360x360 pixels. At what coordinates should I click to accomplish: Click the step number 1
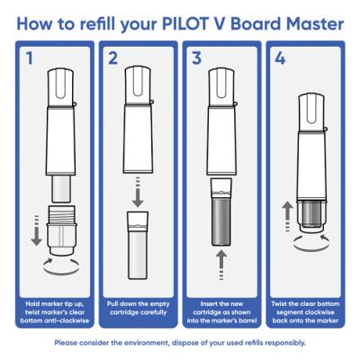pyautogui.click(x=29, y=58)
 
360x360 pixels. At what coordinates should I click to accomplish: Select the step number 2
pyautogui.click(x=112, y=58)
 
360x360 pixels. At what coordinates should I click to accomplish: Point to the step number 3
pyautogui.click(x=196, y=58)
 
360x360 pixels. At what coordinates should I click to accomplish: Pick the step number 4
pyautogui.click(x=280, y=58)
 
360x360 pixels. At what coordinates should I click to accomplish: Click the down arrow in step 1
pyautogui.click(x=37, y=230)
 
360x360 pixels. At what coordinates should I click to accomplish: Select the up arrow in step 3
pyautogui.click(x=221, y=265)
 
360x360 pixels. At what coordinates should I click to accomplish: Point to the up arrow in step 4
pyautogui.click(x=287, y=217)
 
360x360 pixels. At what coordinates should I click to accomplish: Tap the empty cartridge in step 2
pyautogui.click(x=138, y=246)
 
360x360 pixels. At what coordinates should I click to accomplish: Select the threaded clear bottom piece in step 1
pyautogui.click(x=61, y=230)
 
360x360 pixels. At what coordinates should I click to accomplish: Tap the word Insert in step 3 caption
pyautogui.click(x=209, y=304)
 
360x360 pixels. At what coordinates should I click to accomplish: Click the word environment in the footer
pyautogui.click(x=144, y=342)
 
